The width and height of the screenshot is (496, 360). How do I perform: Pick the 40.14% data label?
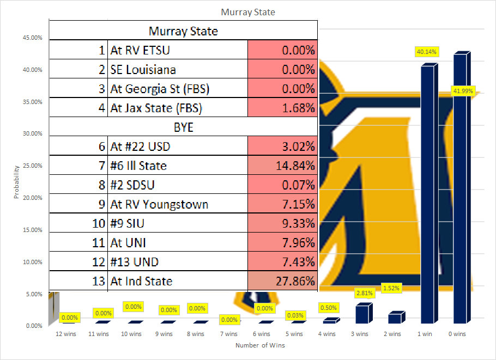tap(427, 52)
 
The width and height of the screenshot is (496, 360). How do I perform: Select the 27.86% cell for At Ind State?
tap(282, 281)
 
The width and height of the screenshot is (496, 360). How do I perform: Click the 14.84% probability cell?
tap(282, 166)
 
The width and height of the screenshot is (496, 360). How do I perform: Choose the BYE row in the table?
tap(183, 127)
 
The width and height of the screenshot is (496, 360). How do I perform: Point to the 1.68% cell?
tap(282, 108)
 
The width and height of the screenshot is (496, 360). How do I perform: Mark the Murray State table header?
tap(183, 31)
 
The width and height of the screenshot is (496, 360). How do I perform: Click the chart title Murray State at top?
tap(247, 12)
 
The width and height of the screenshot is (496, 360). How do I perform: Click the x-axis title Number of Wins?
tap(260, 345)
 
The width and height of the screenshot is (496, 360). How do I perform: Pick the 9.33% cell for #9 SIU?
tap(282, 223)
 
